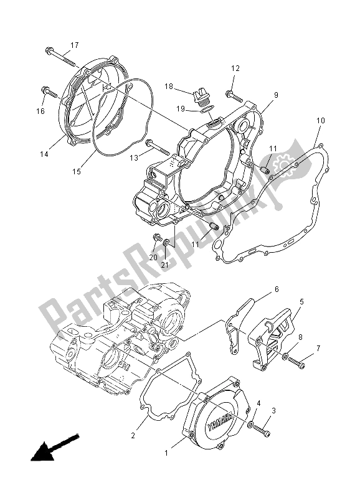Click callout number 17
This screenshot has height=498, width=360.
point(74,45)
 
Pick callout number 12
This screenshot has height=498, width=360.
point(236,68)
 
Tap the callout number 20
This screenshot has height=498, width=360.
point(153,257)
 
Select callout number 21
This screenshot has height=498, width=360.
point(166,265)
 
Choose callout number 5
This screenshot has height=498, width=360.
point(301,301)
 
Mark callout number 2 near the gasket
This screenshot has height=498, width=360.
point(133,436)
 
